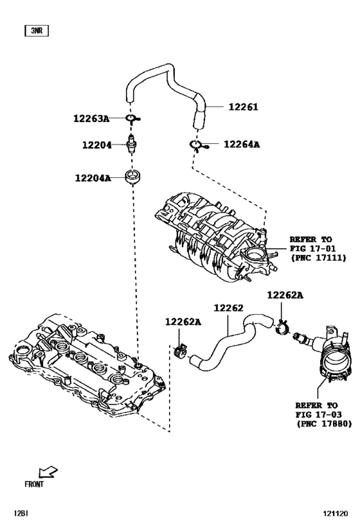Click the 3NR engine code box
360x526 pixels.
pyautogui.click(x=37, y=31)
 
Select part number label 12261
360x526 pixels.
pyautogui.click(x=243, y=107)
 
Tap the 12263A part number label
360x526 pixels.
pyautogui.click(x=91, y=118)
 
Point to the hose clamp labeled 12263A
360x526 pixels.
pyautogui.click(x=132, y=119)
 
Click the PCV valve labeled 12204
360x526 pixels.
pyautogui.click(x=131, y=145)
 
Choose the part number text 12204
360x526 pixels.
pyautogui.click(x=96, y=145)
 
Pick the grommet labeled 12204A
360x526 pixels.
pyautogui.click(x=133, y=177)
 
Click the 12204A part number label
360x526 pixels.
pyautogui.click(x=93, y=178)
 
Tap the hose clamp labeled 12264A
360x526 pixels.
pyautogui.click(x=199, y=145)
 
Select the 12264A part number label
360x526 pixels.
pyautogui.click(x=242, y=145)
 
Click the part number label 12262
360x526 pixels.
pyautogui.click(x=228, y=308)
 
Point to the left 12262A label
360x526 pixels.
pyautogui.click(x=183, y=322)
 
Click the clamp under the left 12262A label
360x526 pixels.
pyautogui.click(x=181, y=350)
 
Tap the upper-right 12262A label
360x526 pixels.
pyautogui.click(x=285, y=295)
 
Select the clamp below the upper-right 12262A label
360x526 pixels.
pyautogui.click(x=282, y=326)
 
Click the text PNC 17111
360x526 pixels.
pyautogui.click(x=318, y=258)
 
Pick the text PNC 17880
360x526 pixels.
pyautogui.click(x=324, y=424)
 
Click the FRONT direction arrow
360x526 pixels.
pyautogui.click(x=48, y=472)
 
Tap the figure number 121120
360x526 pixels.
pyautogui.click(x=336, y=514)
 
